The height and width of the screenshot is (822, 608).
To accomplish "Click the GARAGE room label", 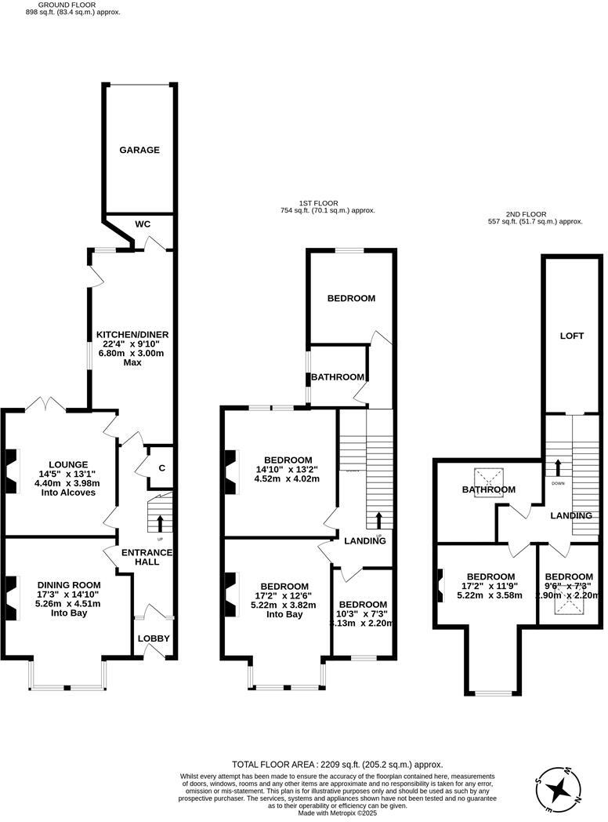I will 139,150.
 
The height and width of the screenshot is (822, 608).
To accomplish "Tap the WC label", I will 143,224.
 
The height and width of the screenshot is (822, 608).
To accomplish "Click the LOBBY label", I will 154,638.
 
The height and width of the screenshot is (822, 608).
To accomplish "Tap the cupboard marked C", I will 162,468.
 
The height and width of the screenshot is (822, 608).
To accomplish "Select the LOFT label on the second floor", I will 571,336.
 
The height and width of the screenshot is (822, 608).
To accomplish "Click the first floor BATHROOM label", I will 338,377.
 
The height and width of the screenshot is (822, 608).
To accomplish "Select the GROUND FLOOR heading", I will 62,5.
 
